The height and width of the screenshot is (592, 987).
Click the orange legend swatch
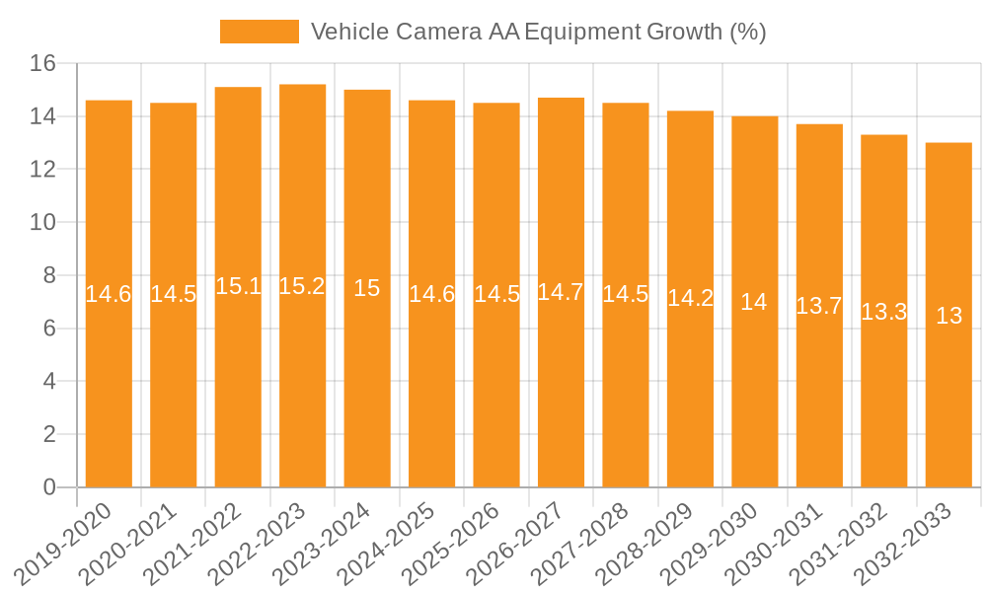[259, 32]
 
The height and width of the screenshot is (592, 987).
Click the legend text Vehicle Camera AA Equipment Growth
[538, 32]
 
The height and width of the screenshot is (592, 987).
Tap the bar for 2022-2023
[302, 286]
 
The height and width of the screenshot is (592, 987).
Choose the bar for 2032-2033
[949, 316]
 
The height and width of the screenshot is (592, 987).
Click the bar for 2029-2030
[754, 302]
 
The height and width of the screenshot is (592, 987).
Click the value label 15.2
[302, 286]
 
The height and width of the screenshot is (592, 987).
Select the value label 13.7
[819, 306]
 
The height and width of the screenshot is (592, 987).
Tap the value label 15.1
[238, 286]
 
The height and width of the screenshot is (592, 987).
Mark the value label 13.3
[883, 312]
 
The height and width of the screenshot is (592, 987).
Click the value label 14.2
[690, 298]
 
